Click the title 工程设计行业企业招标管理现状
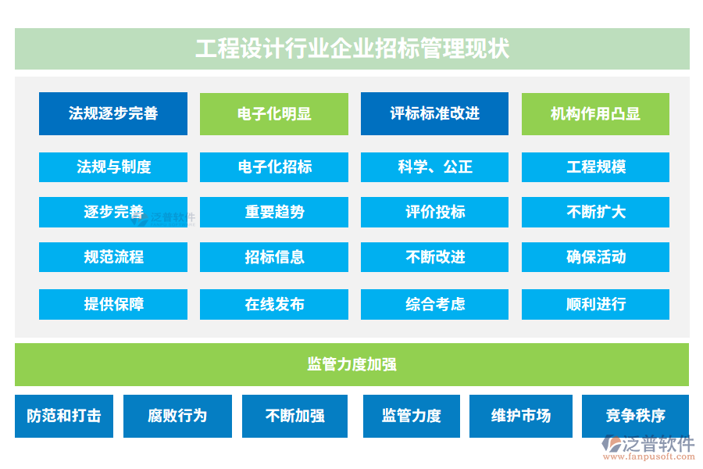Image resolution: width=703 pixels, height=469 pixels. click(352, 48)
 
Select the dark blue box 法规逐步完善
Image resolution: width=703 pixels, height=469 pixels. click(113, 113)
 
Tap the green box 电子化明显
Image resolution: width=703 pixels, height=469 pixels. click(274, 114)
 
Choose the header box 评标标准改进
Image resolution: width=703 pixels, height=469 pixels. click(434, 113)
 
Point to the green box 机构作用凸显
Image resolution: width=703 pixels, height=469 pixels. click(595, 114)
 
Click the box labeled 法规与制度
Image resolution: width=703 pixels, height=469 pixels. click(113, 167)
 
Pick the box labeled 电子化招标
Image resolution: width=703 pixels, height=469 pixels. click(274, 167)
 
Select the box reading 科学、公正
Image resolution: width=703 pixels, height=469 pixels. click(434, 167)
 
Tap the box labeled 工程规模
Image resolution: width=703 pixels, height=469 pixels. click(595, 167)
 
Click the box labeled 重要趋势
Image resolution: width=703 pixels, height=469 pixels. click(274, 212)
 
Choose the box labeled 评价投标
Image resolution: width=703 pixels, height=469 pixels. click(434, 212)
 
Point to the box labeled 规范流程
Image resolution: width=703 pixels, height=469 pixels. click(113, 257)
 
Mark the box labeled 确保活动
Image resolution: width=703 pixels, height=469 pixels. click(595, 257)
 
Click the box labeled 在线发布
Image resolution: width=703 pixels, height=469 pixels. click(274, 304)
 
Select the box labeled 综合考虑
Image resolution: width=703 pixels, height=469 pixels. click(434, 304)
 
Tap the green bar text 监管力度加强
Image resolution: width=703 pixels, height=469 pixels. click(352, 364)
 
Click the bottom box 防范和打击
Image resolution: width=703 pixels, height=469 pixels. click(64, 416)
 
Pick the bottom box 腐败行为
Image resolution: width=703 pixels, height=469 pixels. click(177, 416)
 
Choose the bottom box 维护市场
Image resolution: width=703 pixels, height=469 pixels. click(521, 416)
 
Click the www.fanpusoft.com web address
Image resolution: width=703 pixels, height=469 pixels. click(649, 456)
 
